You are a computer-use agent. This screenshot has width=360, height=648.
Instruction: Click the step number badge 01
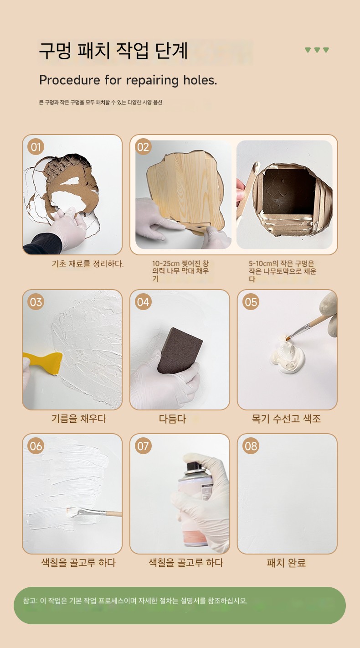pos(36,147)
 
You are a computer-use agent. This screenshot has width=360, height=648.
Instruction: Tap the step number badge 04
pos(143,302)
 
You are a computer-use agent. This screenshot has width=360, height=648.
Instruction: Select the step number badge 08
pos(251,446)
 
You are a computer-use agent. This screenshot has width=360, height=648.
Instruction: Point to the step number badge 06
pos(36,446)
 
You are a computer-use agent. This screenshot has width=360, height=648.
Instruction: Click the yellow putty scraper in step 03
pos(43,362)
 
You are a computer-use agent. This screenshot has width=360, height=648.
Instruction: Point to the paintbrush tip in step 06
pos(72,512)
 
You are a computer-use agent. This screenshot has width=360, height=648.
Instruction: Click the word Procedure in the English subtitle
pos(69,80)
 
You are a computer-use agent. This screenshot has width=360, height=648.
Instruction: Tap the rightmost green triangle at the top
pos(326,50)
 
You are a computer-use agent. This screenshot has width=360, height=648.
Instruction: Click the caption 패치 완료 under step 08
pos(286,563)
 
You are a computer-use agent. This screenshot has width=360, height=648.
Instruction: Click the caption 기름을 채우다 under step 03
pos(79,419)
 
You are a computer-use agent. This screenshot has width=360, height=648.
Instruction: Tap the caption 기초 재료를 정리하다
pos(87,264)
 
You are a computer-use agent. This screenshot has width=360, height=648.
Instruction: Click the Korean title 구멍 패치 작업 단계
pos(113,51)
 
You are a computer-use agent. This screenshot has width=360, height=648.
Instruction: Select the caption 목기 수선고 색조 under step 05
pos(286,419)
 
